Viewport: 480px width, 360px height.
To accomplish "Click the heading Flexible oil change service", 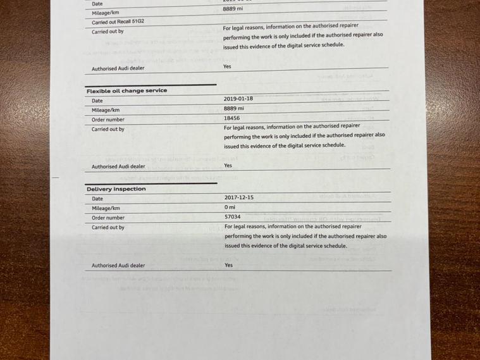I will pyautogui.click(x=126, y=90).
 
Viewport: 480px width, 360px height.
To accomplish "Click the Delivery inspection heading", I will pyautogui.click(x=116, y=189).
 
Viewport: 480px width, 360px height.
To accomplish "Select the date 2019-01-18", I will pyautogui.click(x=238, y=99).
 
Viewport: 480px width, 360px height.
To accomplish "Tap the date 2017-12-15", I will pyautogui.click(x=239, y=197).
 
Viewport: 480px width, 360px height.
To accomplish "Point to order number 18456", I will pyautogui.click(x=231, y=118).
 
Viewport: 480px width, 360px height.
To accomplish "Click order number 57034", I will pyautogui.click(x=232, y=216).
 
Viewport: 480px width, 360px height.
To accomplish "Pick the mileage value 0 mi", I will pyautogui.click(x=229, y=207).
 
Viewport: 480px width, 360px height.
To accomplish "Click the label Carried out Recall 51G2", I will pyautogui.click(x=118, y=22).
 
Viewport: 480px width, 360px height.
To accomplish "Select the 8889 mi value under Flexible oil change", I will pyautogui.click(x=233, y=108).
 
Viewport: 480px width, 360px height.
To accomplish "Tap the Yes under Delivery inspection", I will pyautogui.click(x=228, y=265).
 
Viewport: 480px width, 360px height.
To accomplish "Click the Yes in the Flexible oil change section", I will pyautogui.click(x=228, y=165).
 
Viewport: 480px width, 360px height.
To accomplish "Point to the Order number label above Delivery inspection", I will pyautogui.click(x=108, y=120).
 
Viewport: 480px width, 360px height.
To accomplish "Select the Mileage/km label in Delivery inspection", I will pyautogui.click(x=106, y=208).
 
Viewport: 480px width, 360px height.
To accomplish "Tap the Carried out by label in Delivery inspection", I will pyautogui.click(x=108, y=227).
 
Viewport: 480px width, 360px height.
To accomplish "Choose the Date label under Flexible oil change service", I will pyautogui.click(x=97, y=101).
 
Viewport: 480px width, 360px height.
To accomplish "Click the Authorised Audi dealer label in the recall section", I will pyautogui.click(x=118, y=68).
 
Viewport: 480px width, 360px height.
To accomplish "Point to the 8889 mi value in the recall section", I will pyautogui.click(x=233, y=9).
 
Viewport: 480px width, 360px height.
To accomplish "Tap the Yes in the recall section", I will pyautogui.click(x=226, y=66).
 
